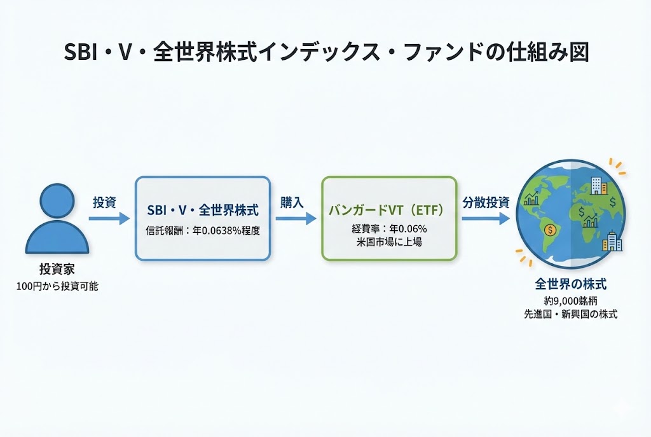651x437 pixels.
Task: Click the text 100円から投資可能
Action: click(57, 287)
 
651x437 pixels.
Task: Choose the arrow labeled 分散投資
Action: click(486, 219)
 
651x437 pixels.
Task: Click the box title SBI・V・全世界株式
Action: click(202, 211)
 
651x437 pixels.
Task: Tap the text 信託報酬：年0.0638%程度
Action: click(202, 231)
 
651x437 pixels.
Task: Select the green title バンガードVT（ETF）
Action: click(389, 210)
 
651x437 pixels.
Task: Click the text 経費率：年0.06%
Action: click(389, 229)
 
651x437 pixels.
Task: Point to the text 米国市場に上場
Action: click(389, 242)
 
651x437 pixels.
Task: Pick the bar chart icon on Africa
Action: click(591, 221)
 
